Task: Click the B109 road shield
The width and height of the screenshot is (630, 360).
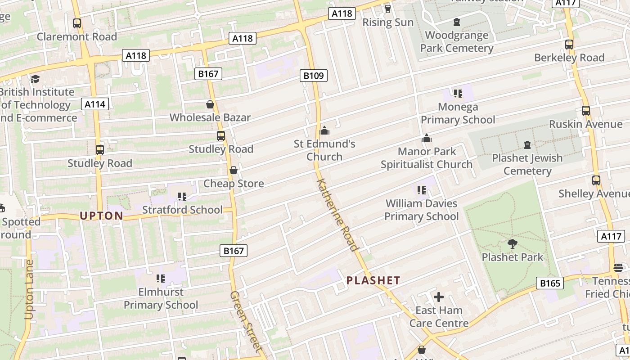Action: click(314, 76)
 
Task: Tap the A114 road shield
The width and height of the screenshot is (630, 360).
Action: click(95, 104)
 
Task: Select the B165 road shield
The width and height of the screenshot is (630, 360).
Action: click(550, 283)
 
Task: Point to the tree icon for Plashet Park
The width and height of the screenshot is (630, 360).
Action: click(512, 244)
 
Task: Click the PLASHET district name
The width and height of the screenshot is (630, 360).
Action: click(373, 280)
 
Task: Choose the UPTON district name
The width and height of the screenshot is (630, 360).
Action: click(101, 216)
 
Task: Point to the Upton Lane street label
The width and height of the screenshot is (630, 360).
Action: click(30, 290)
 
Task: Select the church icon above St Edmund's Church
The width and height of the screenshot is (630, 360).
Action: click(324, 131)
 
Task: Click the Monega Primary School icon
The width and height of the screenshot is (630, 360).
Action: click(458, 94)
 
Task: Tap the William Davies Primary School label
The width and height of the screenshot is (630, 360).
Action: click(422, 210)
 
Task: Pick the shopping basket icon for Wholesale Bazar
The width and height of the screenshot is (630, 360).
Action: click(210, 105)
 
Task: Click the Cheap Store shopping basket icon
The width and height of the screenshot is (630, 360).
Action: click(234, 170)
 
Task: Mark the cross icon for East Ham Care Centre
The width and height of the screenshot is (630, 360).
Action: click(439, 297)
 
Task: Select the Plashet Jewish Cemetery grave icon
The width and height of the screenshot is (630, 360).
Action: click(527, 145)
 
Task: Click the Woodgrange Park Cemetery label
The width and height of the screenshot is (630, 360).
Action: click(457, 41)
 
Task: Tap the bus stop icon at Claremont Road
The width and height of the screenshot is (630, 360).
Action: click(77, 23)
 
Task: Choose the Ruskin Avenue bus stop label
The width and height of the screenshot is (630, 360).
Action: click(580, 124)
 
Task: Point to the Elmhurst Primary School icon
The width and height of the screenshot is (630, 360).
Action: click(161, 279)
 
